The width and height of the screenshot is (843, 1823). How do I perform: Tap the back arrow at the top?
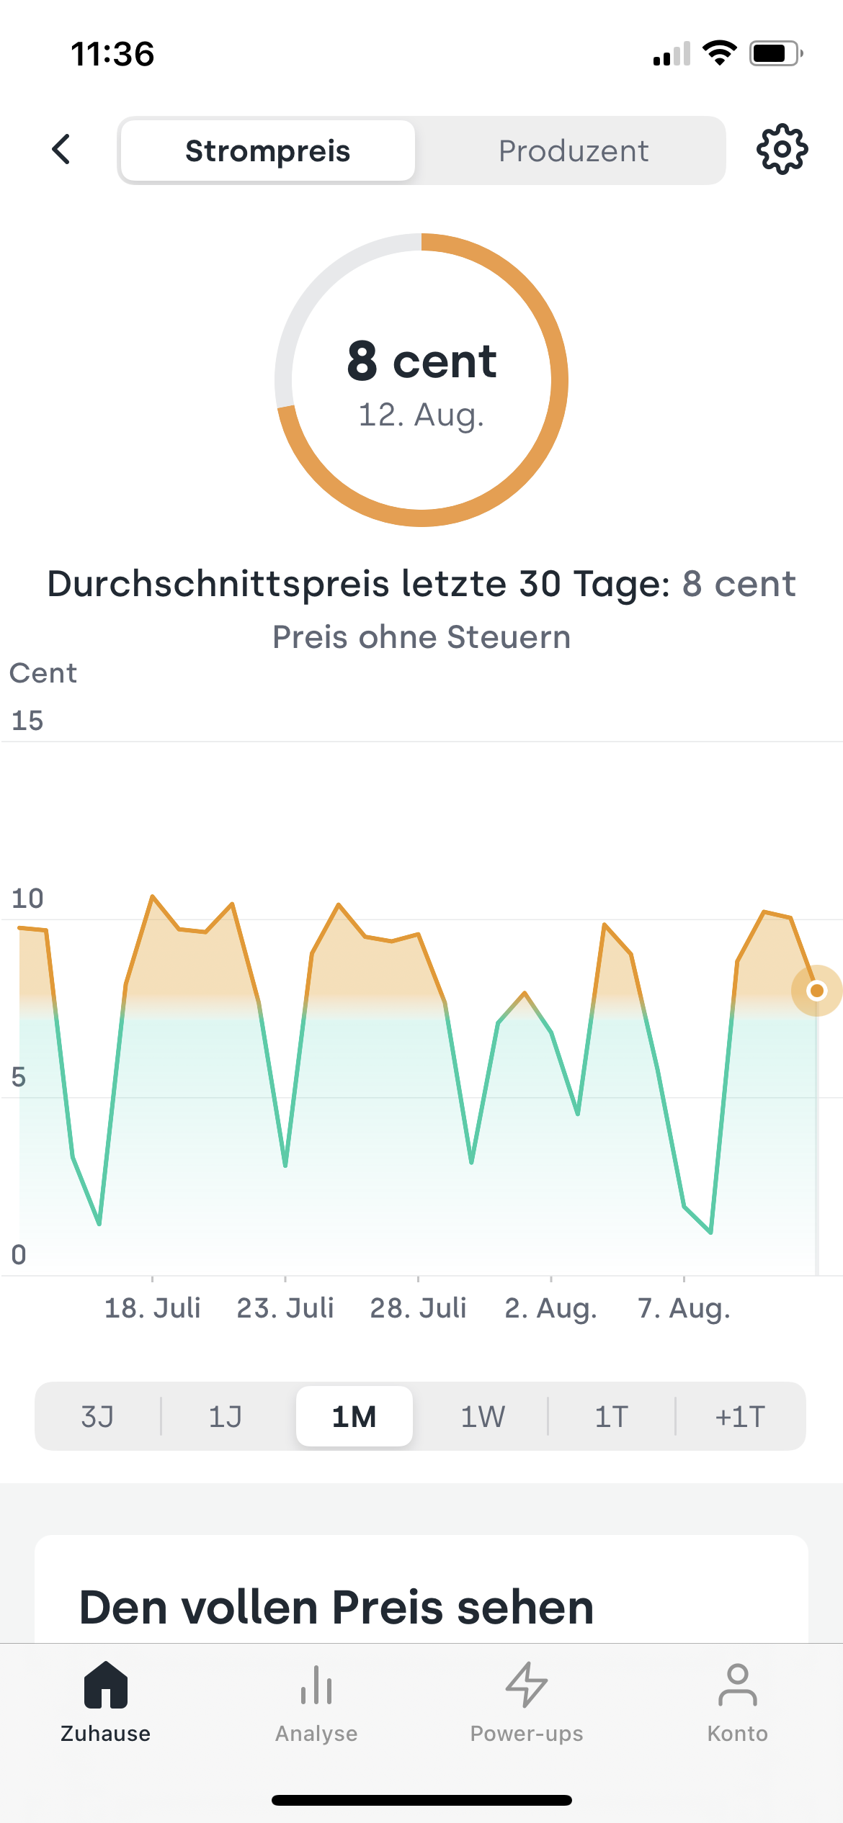tap(62, 150)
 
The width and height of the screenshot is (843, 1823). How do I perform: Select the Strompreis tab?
tap(267, 151)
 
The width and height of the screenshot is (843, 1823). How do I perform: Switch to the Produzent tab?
tap(574, 151)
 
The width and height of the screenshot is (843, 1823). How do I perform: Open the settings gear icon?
tap(782, 150)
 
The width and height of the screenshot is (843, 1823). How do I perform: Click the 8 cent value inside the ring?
tap(421, 361)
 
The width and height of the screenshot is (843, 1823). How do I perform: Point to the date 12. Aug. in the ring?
tap(421, 415)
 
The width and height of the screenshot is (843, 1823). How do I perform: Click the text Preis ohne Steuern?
tap(421, 637)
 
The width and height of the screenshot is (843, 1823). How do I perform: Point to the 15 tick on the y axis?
tap(27, 721)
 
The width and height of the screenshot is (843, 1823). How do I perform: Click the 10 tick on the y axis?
tap(27, 899)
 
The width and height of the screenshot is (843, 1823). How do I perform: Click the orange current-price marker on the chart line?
tap(816, 991)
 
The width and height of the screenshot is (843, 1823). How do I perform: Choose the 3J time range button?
tap(97, 1416)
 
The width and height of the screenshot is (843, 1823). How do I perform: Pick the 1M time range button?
tap(354, 1416)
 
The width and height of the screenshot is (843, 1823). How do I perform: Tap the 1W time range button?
tap(483, 1416)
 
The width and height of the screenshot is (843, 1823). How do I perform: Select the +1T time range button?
tap(740, 1416)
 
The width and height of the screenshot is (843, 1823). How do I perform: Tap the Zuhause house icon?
tap(106, 1685)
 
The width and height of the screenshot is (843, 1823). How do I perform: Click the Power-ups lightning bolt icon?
tap(527, 1685)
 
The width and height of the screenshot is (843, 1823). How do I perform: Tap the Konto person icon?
tap(737, 1685)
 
